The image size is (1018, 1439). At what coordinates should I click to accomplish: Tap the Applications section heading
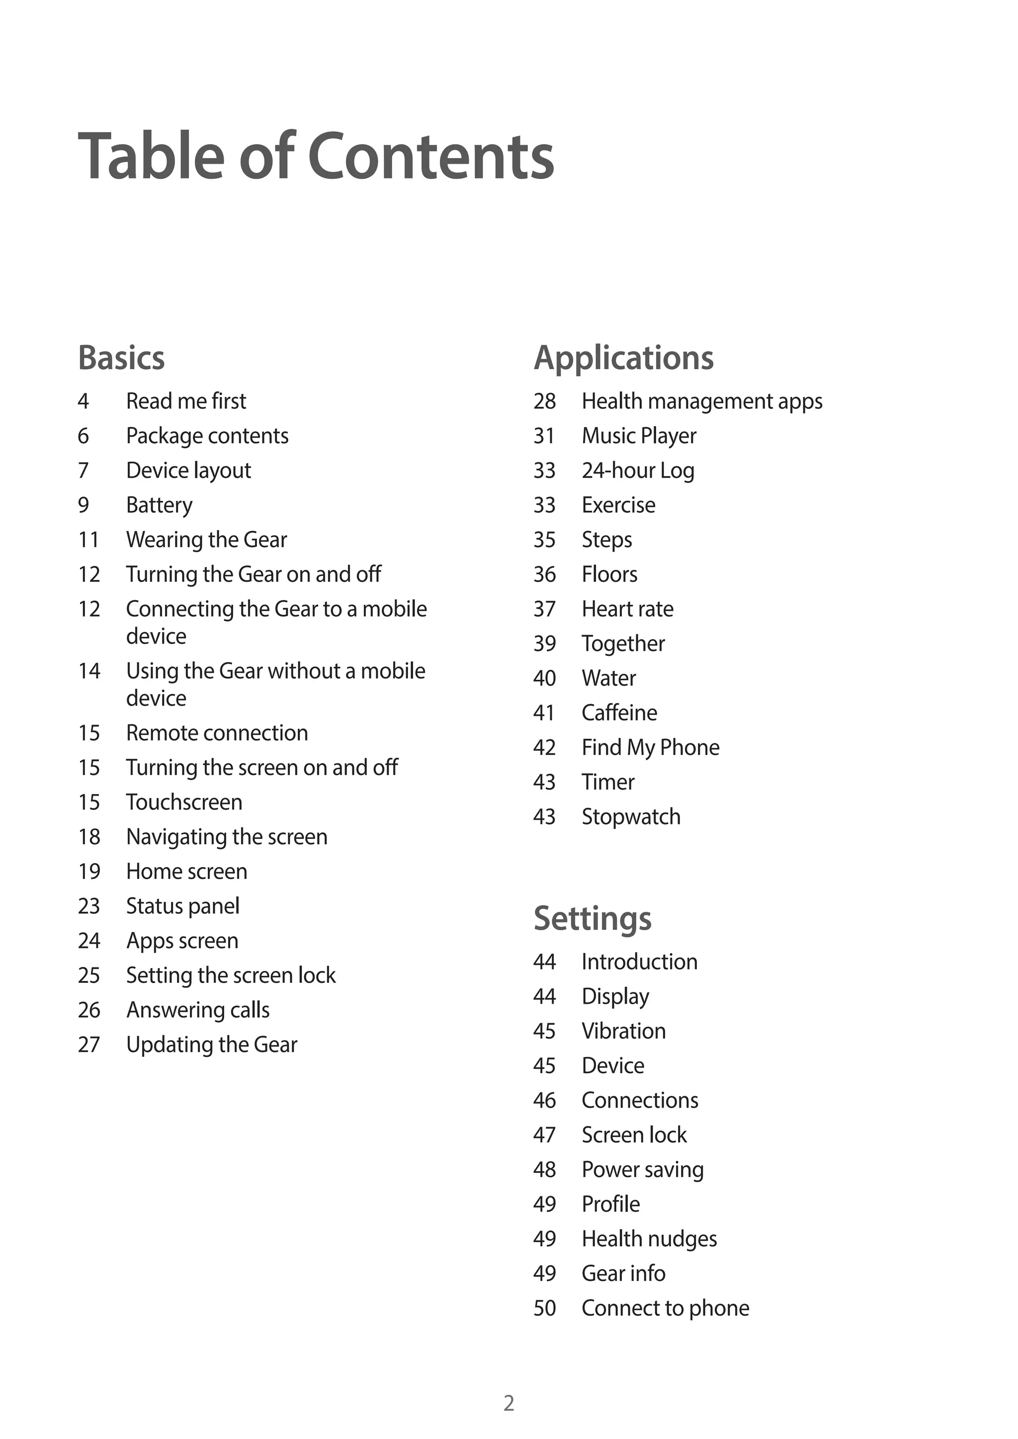coord(623,358)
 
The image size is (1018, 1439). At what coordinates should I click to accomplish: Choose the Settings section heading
coord(593,918)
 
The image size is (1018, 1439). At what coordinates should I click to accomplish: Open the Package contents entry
coord(207,436)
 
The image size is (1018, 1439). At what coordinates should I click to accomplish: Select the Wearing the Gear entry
coord(206,540)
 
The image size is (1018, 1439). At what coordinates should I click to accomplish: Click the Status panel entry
coord(182,906)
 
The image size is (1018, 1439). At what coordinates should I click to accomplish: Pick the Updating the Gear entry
coord(211,1045)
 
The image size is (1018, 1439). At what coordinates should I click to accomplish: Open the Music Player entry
coord(639,436)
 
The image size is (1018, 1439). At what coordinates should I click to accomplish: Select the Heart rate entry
coord(627,609)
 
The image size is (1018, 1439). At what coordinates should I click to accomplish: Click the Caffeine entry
coord(619,713)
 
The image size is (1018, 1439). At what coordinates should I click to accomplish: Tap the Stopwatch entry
coord(631,817)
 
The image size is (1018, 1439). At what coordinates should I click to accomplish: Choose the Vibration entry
coord(624,1031)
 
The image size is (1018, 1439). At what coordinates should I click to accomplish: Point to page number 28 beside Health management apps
coord(544,401)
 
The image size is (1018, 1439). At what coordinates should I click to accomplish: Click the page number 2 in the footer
coord(509,1403)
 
